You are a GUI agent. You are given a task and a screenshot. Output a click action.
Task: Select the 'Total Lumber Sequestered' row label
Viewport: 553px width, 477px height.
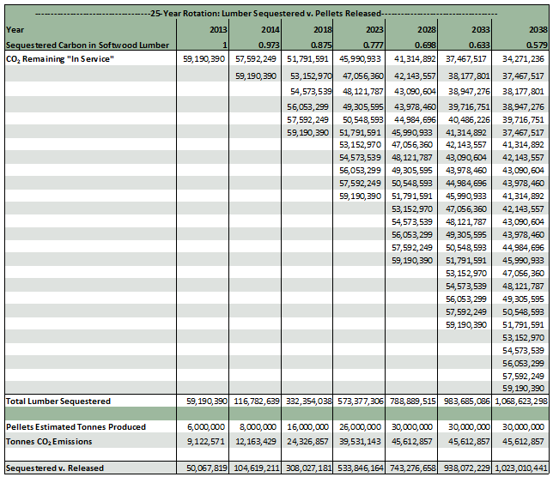tap(58, 401)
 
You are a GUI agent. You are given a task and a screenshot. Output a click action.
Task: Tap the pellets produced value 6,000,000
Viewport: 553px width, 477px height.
tap(205, 427)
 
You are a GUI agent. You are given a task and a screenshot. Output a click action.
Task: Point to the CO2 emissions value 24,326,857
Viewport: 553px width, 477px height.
tap(307, 441)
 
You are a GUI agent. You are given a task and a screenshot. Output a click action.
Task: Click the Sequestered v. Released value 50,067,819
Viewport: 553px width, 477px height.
tap(202, 468)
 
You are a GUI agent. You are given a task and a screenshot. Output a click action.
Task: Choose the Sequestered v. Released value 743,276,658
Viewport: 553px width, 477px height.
tap(411, 468)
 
